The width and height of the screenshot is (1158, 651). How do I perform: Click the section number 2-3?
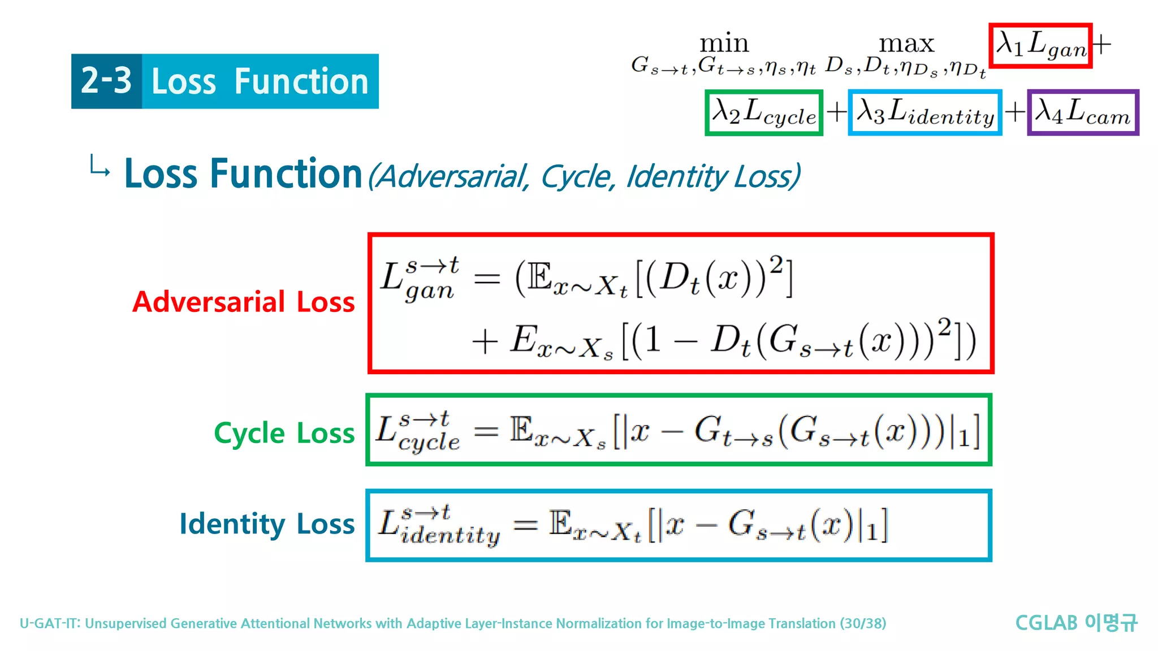pos(106,81)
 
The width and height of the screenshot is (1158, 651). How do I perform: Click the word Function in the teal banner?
pos(301,81)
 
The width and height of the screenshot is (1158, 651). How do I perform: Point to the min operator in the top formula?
pos(724,44)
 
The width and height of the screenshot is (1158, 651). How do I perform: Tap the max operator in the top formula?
pos(906,44)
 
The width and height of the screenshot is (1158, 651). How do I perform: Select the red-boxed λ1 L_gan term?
pos(1040,46)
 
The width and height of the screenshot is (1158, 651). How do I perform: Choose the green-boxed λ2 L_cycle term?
pos(763,112)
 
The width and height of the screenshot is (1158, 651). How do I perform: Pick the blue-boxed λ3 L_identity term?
pos(924,112)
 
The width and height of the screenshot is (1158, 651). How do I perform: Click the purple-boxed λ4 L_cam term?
pos(1082,112)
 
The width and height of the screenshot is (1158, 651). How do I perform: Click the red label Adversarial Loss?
pos(243,302)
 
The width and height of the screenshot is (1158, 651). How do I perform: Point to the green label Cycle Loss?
pos(284,433)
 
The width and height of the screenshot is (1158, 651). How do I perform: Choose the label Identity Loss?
pos(267,524)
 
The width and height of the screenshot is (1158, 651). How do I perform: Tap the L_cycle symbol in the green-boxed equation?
pos(417,432)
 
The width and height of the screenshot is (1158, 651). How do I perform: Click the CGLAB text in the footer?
pos(1046,623)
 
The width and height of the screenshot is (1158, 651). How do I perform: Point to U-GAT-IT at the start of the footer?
pos(50,623)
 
